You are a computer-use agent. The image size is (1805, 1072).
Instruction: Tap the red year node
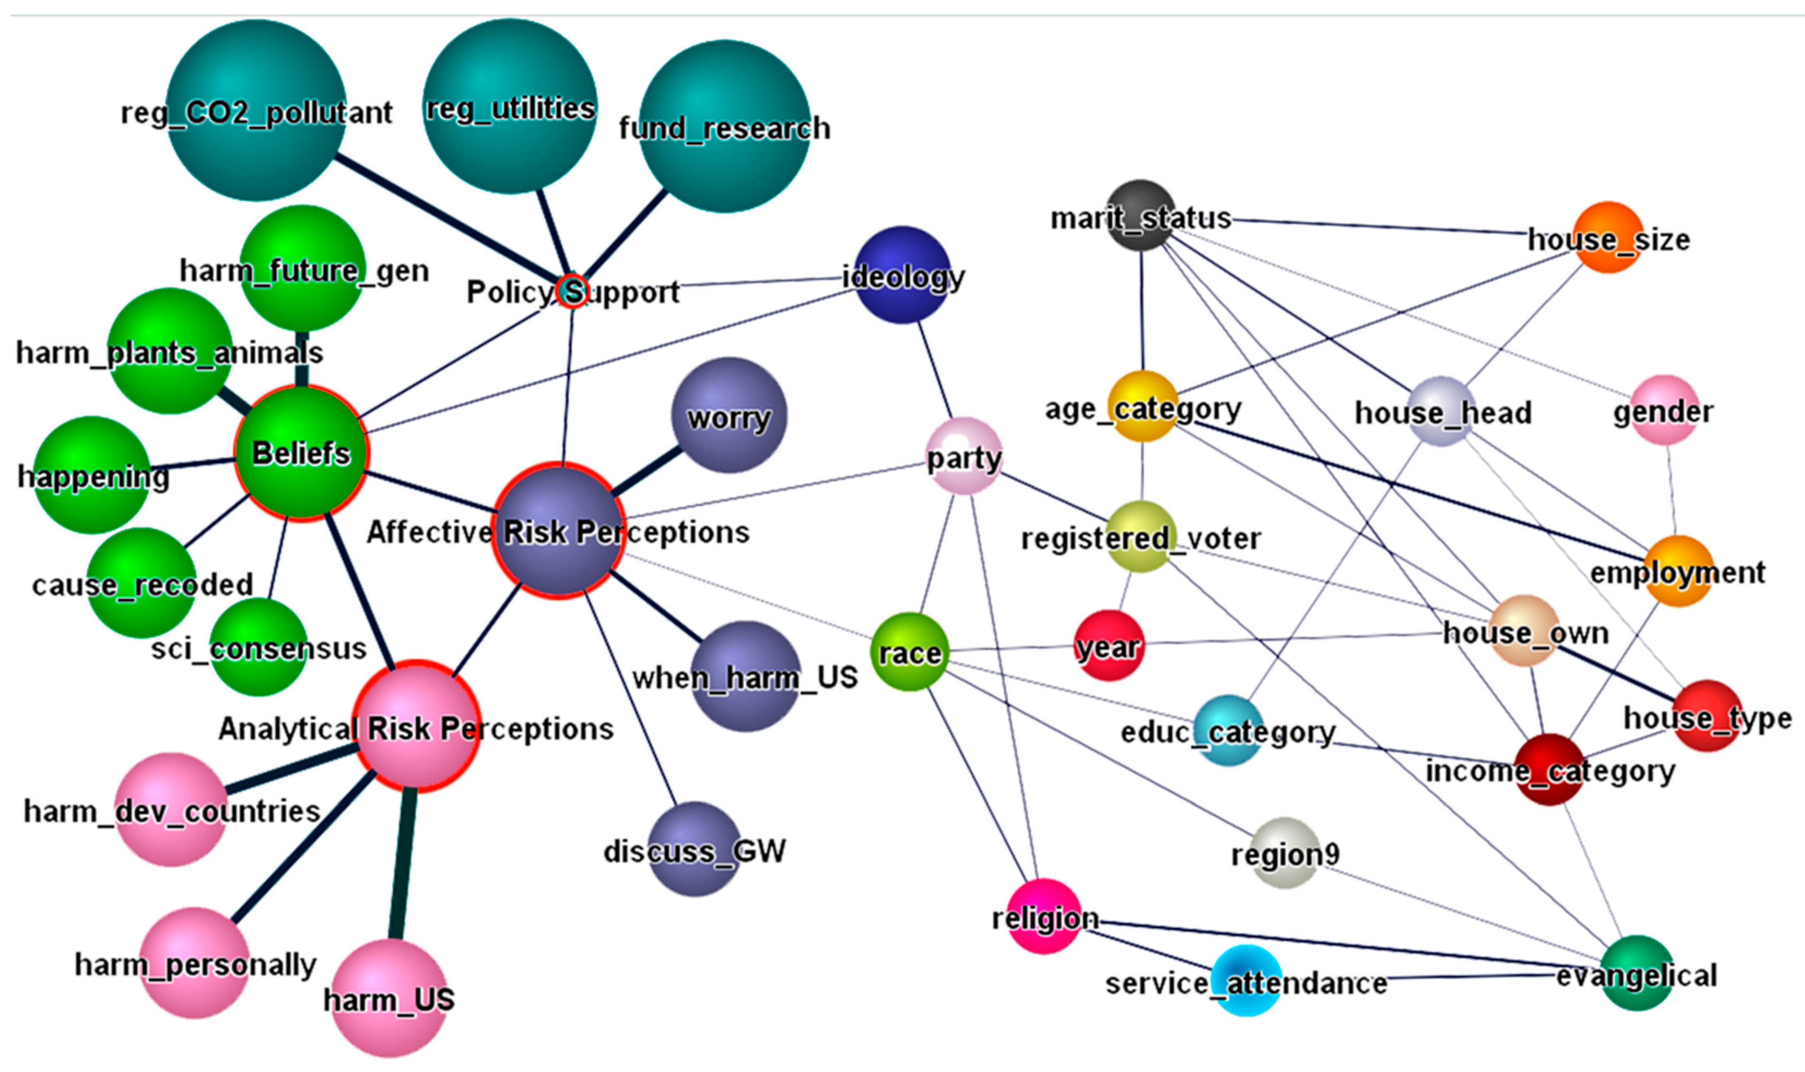coord(1109,645)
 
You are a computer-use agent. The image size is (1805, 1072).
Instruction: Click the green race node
coord(909,652)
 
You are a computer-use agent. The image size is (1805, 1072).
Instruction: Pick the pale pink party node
coord(964,456)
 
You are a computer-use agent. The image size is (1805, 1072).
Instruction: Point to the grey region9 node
coord(1284,852)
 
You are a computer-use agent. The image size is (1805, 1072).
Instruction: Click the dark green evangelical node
coord(1637,973)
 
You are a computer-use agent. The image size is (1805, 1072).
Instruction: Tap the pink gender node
coord(1664,410)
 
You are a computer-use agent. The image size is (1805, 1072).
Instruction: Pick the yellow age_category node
coord(1143,406)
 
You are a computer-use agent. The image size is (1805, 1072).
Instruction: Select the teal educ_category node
coord(1229,730)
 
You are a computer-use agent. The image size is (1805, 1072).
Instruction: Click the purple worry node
coord(729,415)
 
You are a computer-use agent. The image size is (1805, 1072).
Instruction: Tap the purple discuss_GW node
coord(694,849)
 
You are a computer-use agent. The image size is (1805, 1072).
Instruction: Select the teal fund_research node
coord(724,126)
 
